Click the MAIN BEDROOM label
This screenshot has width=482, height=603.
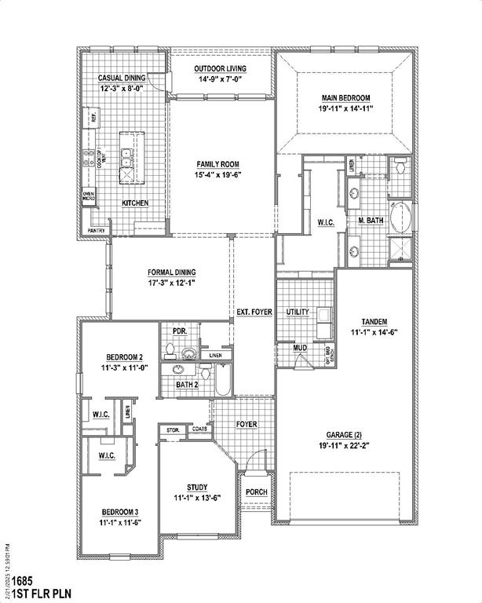pos(345,98)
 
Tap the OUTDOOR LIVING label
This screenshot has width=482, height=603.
pos(221,69)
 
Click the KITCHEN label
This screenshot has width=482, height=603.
pos(135,203)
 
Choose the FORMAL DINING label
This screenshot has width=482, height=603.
pos(170,272)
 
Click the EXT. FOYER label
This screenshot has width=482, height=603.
pos(254,312)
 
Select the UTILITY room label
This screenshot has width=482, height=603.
pos(298,312)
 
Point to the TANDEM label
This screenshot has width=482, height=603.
pos(374,322)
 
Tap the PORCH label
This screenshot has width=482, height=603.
pos(256,492)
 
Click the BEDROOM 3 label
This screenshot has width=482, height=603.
pos(119,511)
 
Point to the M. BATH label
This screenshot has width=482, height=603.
pos(371,221)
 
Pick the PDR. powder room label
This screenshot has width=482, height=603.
pos(179,331)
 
